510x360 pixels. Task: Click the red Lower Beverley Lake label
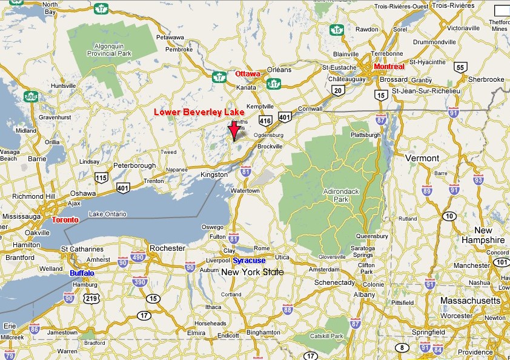pos(199,112)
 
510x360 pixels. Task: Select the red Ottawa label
pos(247,74)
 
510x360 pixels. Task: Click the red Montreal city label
pos(389,66)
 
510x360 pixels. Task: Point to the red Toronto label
pos(65,219)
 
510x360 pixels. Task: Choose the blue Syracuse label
pos(249,260)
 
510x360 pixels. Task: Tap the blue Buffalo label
pos(82,273)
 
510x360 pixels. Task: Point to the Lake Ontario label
pos(107,214)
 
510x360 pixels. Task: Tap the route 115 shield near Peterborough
pos(101,178)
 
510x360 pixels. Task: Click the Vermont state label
pos(422,158)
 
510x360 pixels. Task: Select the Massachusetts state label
pos(470,301)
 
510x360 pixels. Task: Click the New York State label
pos(252,272)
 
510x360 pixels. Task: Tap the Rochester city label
pos(167,248)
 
